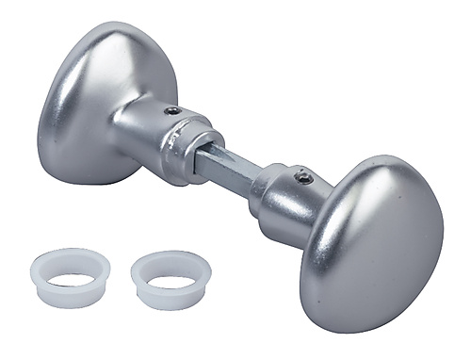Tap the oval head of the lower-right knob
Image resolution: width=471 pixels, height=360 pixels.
pyautogui.click(x=377, y=240)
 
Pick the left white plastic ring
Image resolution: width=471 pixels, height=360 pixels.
pyautogui.click(x=71, y=277)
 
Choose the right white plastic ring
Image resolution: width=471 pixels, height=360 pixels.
pyautogui.click(x=171, y=280)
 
